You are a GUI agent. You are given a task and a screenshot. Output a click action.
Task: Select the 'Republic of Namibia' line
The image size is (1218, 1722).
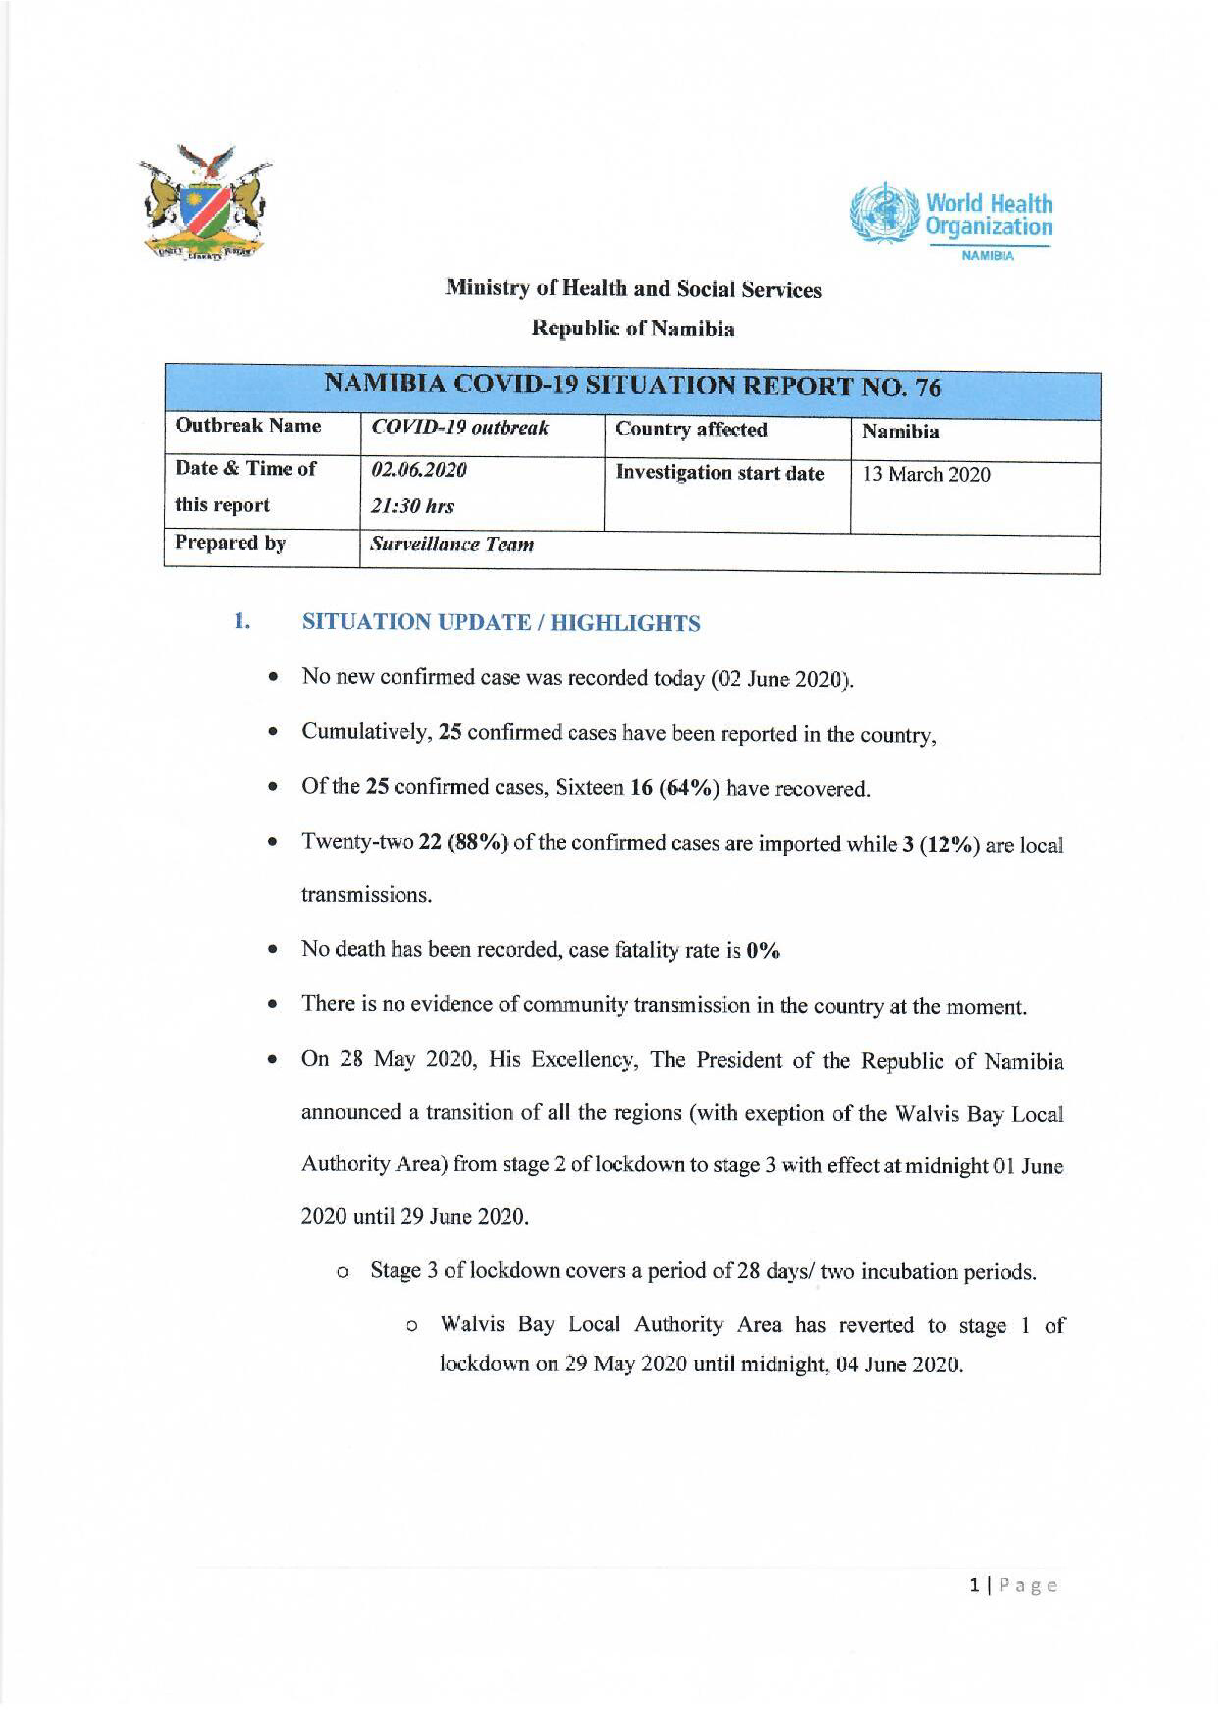(633, 329)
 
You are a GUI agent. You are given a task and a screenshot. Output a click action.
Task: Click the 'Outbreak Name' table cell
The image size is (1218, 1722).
(247, 426)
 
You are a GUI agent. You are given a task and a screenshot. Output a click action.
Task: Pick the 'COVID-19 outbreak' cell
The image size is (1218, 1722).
(460, 428)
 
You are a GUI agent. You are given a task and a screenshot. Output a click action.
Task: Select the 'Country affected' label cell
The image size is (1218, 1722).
(691, 429)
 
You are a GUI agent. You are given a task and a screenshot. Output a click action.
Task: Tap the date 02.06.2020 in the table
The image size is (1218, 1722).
(419, 470)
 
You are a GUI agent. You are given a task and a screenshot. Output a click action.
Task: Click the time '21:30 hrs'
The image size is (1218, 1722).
(412, 506)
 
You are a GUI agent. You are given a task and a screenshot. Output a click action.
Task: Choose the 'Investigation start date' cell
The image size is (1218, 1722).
(719, 472)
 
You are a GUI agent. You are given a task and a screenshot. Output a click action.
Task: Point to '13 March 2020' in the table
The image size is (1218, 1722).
(926, 474)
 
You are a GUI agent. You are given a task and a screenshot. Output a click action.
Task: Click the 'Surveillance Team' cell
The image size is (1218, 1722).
(451, 544)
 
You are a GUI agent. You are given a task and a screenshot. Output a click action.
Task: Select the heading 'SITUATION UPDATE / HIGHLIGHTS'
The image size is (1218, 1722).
(501, 623)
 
